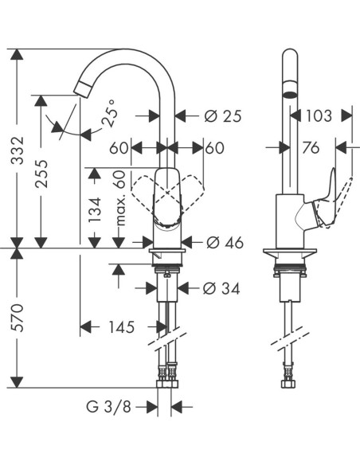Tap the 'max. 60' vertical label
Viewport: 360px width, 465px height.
click(x=120, y=197)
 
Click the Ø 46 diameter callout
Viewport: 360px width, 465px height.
click(x=224, y=242)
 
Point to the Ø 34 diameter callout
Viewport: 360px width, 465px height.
click(x=221, y=289)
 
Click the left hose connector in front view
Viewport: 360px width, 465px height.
click(x=163, y=372)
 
